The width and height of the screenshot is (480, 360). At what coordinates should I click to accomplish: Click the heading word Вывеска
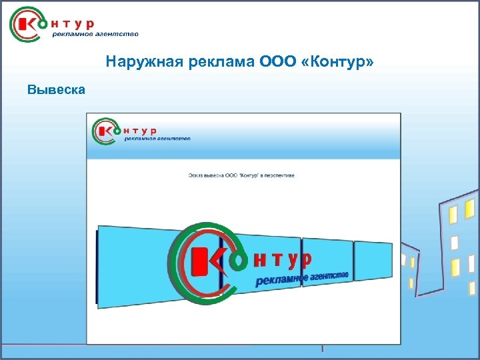click(x=56, y=89)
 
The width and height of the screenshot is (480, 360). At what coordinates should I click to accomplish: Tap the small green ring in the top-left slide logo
click(x=43, y=23)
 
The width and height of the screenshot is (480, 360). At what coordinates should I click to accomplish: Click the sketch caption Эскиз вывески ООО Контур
click(x=241, y=175)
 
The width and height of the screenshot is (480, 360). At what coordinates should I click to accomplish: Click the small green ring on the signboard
click(x=238, y=261)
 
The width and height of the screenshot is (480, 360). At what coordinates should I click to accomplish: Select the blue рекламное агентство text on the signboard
click(x=301, y=277)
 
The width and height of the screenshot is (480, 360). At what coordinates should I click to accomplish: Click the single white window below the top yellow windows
click(x=455, y=241)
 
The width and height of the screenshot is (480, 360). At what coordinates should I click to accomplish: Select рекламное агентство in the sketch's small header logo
click(x=157, y=139)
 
